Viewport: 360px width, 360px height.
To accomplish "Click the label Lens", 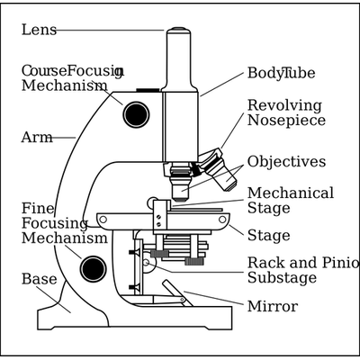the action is [x=39, y=30].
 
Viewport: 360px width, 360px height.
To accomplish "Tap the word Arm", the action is [x=37, y=138].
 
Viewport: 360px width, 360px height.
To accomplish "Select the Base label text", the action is [x=40, y=279].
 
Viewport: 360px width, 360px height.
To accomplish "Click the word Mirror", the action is [x=273, y=306].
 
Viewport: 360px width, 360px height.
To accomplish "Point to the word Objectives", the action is [x=286, y=162].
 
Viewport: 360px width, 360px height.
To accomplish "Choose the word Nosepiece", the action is [x=286, y=121].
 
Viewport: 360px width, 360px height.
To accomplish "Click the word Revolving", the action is [x=284, y=105].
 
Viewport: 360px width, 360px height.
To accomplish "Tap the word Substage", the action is [x=283, y=277].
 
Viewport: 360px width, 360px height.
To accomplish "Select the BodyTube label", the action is [x=281, y=73].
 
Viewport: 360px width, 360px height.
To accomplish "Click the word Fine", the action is [x=38, y=209].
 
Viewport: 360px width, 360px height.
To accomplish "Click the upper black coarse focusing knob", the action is [x=136, y=114].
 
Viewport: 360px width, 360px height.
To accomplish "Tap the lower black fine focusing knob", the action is [x=93, y=269].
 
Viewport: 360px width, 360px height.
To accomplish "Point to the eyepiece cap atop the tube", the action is [x=178, y=30].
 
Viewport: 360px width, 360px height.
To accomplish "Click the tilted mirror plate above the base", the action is [x=177, y=293].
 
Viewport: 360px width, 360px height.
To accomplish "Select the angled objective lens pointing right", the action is [x=223, y=175].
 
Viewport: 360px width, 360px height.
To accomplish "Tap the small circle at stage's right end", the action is [x=222, y=220].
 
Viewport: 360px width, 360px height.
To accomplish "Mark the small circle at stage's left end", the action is [x=103, y=220].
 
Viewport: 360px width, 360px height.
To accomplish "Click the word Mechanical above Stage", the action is [x=291, y=193].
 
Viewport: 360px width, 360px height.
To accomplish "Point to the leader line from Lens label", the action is [x=110, y=31].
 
